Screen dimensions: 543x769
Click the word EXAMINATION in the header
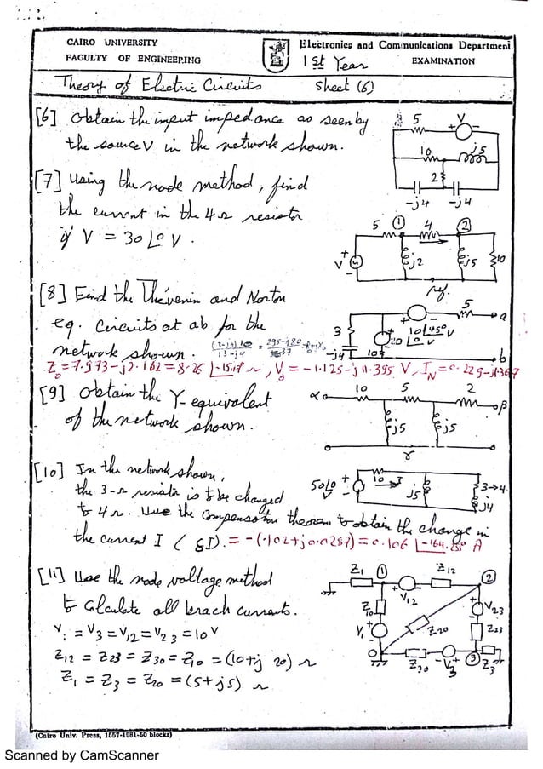click(x=443, y=62)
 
